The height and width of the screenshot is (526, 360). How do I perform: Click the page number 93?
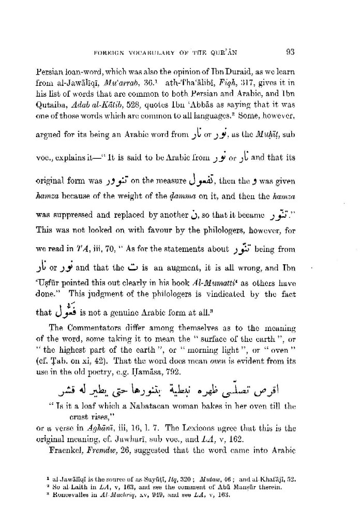click(290, 52)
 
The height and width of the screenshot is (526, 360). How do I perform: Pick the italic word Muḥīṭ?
click(278, 136)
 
